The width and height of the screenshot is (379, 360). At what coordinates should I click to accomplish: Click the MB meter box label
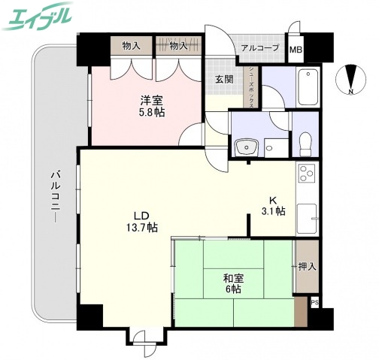tap(296, 50)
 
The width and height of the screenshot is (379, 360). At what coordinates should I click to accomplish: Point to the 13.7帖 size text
tap(142, 225)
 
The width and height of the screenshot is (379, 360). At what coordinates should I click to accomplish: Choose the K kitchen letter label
tap(274, 200)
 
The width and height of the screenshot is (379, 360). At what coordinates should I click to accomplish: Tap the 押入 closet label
tap(306, 266)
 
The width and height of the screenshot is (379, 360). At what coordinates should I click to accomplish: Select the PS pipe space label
tap(314, 303)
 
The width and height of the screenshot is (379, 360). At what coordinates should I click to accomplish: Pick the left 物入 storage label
tap(132, 46)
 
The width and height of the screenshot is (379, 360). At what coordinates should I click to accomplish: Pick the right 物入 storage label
tap(178, 46)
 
